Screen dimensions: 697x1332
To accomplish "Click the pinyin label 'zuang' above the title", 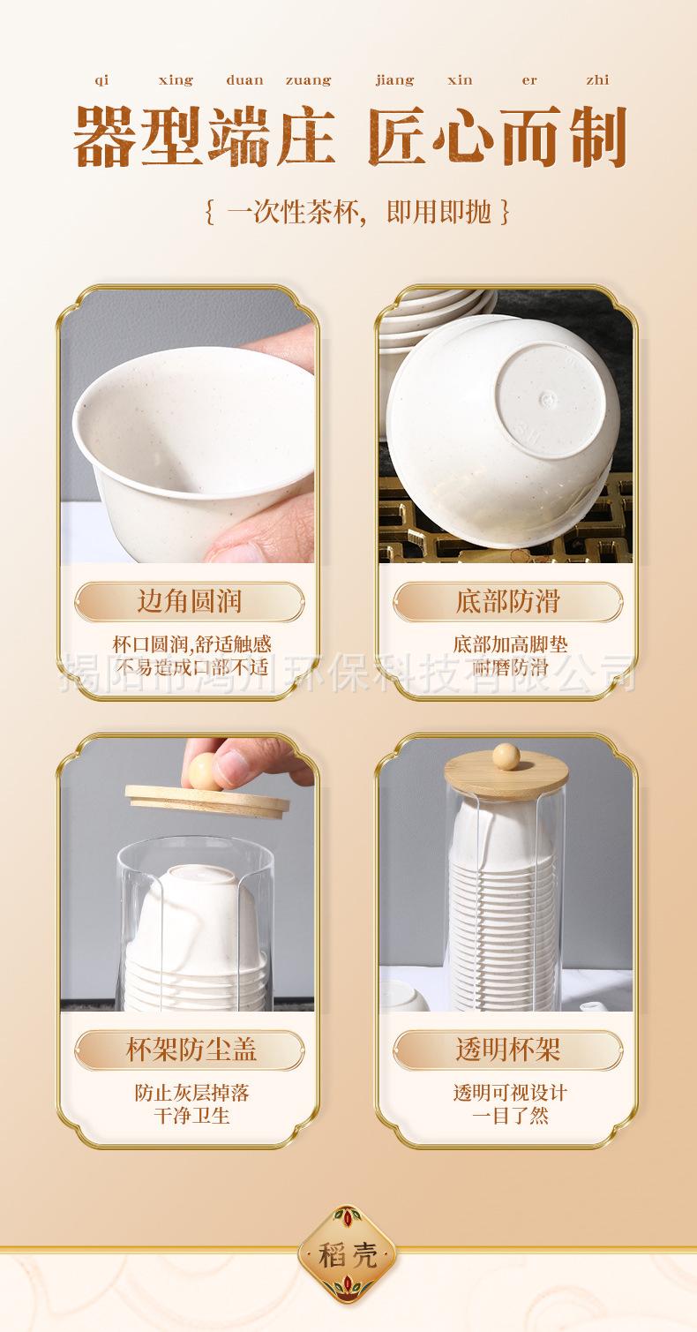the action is (x=308, y=81).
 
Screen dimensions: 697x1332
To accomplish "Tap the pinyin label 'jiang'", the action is (x=394, y=80).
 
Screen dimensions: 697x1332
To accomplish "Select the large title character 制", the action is (x=597, y=137).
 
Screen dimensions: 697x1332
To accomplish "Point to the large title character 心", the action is (x=464, y=137).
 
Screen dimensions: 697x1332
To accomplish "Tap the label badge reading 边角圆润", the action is (x=190, y=601).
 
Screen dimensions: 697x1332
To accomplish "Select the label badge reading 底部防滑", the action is (x=508, y=601).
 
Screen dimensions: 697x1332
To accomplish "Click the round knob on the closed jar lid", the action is (x=506, y=756).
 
